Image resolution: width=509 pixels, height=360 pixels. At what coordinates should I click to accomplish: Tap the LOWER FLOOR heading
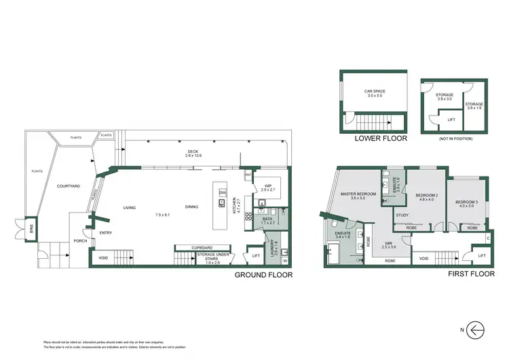point(381,138)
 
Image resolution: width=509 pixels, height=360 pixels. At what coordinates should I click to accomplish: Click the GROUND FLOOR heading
point(263,275)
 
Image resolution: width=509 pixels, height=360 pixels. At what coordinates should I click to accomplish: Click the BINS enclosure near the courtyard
point(29,228)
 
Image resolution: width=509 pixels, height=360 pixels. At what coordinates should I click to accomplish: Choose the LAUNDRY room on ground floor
point(274,246)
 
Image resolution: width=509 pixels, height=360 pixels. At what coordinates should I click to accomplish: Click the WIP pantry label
point(268,185)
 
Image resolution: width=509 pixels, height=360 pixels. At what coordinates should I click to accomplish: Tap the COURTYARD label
point(69,185)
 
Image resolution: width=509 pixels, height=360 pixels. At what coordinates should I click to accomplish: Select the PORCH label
point(80,240)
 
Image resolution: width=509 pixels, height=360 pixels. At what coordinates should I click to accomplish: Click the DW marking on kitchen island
point(222,193)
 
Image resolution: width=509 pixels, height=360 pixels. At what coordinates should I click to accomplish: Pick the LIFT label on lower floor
point(451,120)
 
